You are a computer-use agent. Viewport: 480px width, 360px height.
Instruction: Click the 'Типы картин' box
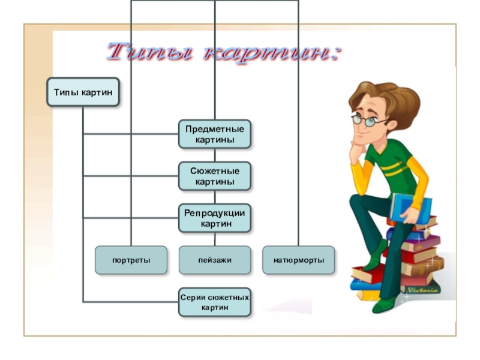point(83,92)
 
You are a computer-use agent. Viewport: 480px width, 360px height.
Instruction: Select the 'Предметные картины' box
point(214,134)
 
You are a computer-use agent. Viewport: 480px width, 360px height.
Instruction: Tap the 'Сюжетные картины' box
point(214,176)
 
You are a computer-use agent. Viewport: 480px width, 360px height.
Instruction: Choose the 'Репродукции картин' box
point(214,218)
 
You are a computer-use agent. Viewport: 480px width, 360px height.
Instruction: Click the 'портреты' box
point(131,260)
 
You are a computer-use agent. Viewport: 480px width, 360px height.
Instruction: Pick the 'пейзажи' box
point(214,260)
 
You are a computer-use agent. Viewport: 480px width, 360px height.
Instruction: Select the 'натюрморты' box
point(298,260)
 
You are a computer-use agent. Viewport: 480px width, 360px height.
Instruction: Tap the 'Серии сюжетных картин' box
point(214,302)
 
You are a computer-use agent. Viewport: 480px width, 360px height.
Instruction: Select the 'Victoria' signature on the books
point(424,290)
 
